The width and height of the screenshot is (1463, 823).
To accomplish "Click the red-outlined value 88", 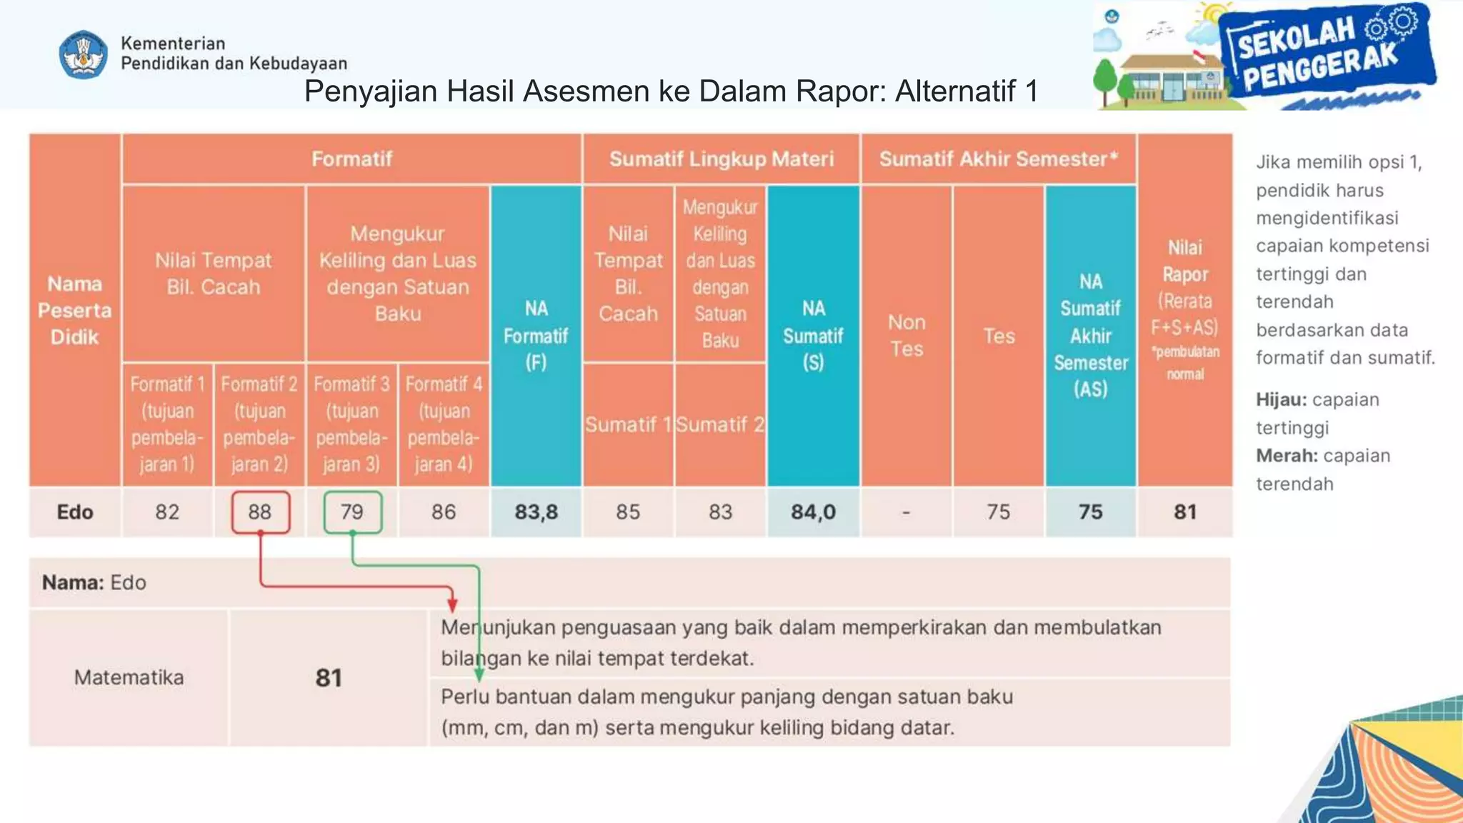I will [x=260, y=512].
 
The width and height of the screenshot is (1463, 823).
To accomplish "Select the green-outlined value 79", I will [x=352, y=512].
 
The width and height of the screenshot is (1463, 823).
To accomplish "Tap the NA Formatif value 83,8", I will [x=536, y=512].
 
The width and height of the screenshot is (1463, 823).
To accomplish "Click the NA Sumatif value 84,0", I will [x=813, y=512].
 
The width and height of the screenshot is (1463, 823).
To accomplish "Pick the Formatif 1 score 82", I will [x=167, y=512].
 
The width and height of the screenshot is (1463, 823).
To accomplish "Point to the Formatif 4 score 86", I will [x=444, y=512].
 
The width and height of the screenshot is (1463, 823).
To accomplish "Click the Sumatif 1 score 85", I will [x=628, y=512].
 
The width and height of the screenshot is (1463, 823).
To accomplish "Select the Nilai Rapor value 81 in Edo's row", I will [x=1184, y=512].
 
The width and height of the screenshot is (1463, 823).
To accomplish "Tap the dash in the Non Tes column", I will [x=906, y=512].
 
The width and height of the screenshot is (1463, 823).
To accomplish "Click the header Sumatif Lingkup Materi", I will [x=721, y=159].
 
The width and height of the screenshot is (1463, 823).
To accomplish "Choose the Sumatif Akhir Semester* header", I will [x=998, y=159].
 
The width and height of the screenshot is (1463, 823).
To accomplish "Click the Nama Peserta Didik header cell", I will [x=75, y=310].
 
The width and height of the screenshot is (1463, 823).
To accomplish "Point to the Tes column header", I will [x=998, y=336].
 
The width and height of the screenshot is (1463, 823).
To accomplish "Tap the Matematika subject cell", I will [x=129, y=677].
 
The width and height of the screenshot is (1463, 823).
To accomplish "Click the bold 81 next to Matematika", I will [x=329, y=677].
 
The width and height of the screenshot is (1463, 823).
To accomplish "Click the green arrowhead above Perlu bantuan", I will [x=479, y=674].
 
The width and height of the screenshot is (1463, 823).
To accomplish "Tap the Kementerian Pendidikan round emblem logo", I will [x=84, y=54].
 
